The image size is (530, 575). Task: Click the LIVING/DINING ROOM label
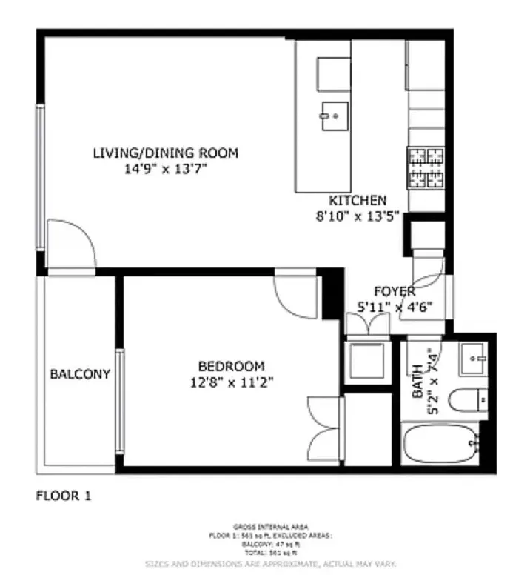click(x=165, y=153)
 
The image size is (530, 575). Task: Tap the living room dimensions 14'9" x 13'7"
click(x=165, y=169)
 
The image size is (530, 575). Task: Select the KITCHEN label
click(x=358, y=201)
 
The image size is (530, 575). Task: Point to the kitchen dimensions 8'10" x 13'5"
click(x=358, y=216)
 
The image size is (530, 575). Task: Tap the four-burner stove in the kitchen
click(x=426, y=167)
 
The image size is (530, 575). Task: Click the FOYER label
click(x=394, y=291)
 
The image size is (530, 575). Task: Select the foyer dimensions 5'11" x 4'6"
click(x=394, y=306)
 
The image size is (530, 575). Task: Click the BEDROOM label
click(x=231, y=366)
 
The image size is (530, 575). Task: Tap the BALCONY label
click(x=80, y=374)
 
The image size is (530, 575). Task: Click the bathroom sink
click(x=472, y=360)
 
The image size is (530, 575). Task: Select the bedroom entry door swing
click(x=295, y=296)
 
